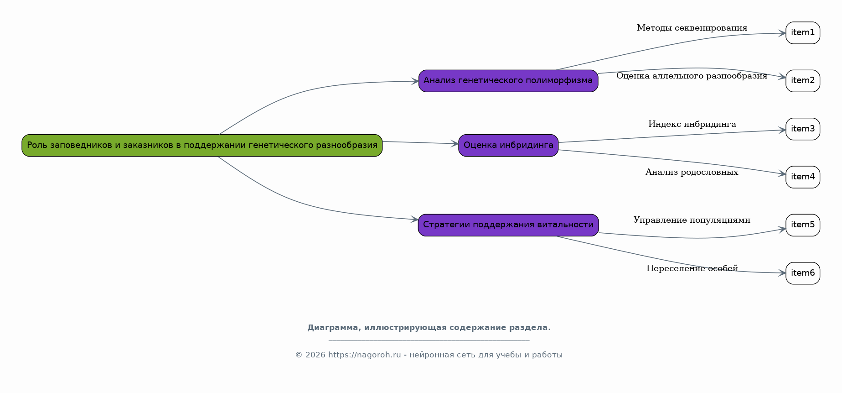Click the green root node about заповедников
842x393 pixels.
point(202,146)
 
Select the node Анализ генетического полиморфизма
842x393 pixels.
point(508,81)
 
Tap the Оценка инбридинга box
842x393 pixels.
point(508,146)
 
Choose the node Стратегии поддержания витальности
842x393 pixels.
point(508,225)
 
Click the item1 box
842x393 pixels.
point(803,33)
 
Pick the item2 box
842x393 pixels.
point(803,81)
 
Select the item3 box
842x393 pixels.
point(803,129)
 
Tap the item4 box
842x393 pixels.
point(803,177)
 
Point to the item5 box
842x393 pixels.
point(803,225)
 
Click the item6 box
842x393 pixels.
point(803,273)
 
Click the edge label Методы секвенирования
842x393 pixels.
point(692,28)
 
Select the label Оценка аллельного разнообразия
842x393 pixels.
point(692,76)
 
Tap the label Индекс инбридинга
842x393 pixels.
point(692,124)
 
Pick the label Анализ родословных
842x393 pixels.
point(692,172)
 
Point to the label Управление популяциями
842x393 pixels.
point(692,220)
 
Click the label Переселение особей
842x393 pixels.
point(692,268)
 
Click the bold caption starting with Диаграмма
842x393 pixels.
point(429,328)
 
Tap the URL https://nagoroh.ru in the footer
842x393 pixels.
point(365,355)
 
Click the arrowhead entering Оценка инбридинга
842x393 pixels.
point(455,144)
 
